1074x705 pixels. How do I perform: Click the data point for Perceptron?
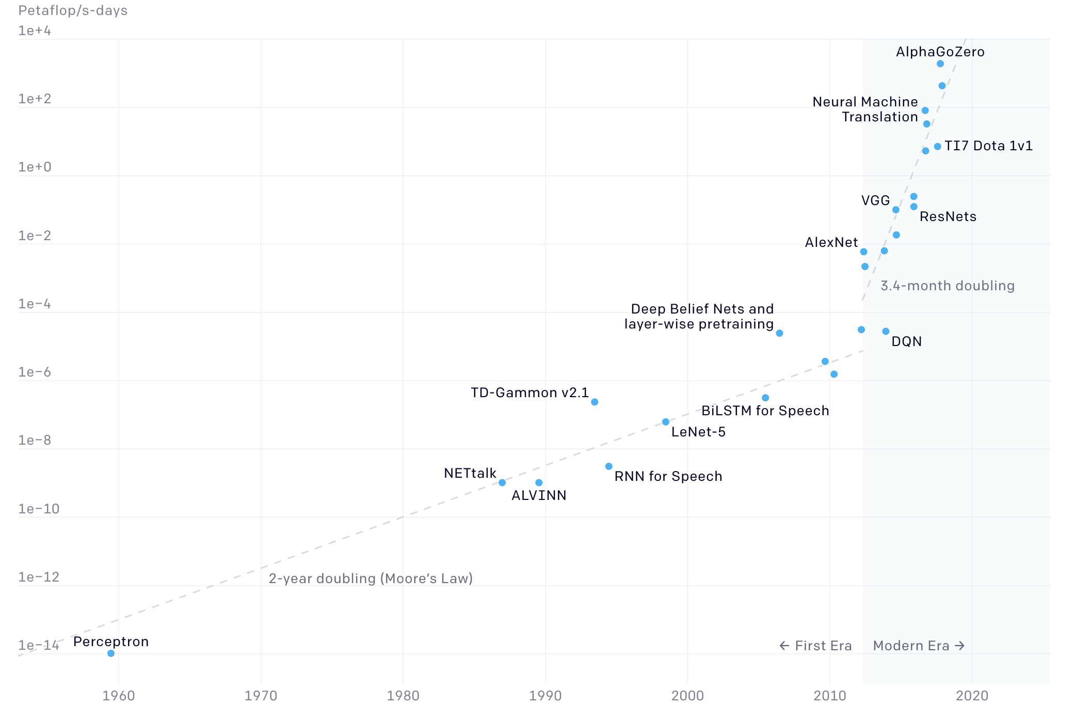point(111,653)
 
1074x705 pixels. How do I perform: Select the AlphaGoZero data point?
point(940,64)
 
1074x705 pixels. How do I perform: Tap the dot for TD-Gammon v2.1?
point(595,402)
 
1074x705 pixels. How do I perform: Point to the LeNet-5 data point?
point(666,422)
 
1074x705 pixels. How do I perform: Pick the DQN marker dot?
point(886,331)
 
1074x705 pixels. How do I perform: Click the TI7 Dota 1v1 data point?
point(938,147)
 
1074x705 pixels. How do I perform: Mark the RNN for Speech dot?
point(609,466)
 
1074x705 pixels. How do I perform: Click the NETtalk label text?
point(470,473)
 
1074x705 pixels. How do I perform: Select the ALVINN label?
point(539,495)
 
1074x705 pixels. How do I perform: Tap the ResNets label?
point(948,216)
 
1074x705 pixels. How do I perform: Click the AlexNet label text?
point(831,242)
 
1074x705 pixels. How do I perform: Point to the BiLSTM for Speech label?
point(765,411)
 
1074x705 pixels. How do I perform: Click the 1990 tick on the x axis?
point(545,695)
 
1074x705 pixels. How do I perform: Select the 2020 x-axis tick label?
point(972,695)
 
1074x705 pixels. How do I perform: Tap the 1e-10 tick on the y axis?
point(39,509)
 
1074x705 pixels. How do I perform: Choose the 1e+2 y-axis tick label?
point(35,99)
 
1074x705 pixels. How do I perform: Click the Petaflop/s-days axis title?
point(73,10)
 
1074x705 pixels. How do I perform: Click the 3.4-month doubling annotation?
point(948,286)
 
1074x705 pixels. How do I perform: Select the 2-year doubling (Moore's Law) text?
point(371,578)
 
